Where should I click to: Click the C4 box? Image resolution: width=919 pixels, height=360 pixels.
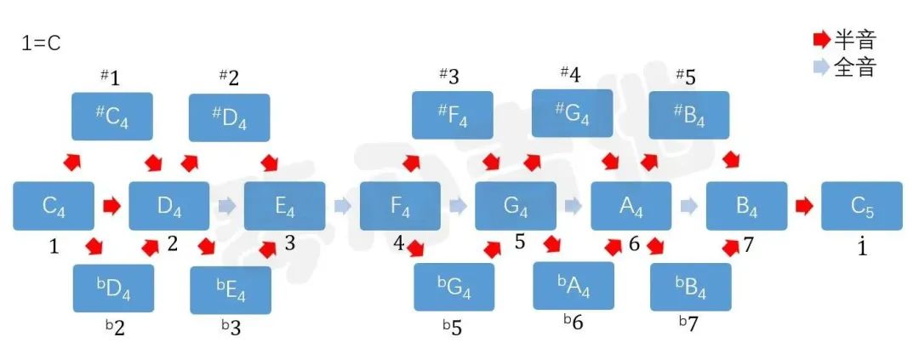click(x=54, y=206)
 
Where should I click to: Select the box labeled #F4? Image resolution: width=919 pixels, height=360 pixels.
click(x=453, y=115)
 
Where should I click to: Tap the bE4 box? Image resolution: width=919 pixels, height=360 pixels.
click(x=231, y=290)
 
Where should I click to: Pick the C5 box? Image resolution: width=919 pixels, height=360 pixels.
click(x=861, y=206)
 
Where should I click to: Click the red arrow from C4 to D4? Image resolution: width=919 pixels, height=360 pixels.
click(x=111, y=206)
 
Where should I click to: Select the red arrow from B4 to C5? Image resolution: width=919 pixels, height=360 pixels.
click(x=804, y=206)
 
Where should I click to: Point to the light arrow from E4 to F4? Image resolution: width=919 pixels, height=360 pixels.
click(x=343, y=206)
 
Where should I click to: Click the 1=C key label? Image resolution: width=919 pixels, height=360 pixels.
click(x=41, y=44)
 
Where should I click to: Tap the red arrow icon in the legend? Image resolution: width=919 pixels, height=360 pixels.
click(x=822, y=40)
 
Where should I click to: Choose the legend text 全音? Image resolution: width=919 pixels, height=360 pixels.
click(x=854, y=67)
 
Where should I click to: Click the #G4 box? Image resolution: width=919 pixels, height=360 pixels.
click(x=572, y=113)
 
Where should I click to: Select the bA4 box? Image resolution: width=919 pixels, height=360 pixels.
click(x=574, y=286)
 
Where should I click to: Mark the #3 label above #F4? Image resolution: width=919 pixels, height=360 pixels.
click(x=449, y=76)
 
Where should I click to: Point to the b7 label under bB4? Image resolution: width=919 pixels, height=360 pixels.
click(x=689, y=323)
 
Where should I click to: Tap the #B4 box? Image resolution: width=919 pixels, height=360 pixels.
click(x=688, y=115)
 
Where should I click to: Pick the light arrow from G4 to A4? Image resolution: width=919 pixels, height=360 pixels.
click(x=574, y=206)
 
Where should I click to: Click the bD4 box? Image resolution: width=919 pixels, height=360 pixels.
click(x=113, y=289)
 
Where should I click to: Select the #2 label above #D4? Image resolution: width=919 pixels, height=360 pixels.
click(x=229, y=77)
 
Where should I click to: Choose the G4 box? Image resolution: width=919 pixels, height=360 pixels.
click(x=515, y=206)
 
